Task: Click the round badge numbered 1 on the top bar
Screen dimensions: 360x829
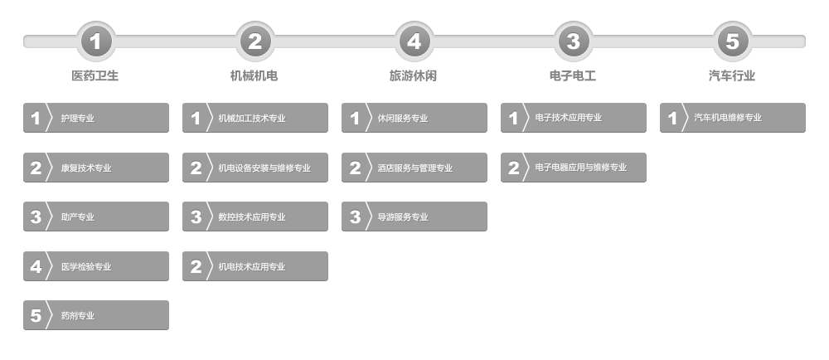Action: point(96,41)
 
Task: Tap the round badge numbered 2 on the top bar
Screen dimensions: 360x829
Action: point(255,41)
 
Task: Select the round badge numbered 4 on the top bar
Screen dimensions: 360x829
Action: point(414,41)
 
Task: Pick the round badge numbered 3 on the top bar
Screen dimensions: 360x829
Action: point(574,41)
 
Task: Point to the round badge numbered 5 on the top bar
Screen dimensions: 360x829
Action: point(733,41)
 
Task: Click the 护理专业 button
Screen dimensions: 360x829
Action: point(96,118)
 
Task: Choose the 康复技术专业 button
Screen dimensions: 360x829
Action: point(96,168)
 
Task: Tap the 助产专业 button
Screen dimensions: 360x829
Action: point(96,216)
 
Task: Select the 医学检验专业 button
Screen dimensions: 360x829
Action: point(96,266)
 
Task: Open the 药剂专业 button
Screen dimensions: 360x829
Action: point(96,315)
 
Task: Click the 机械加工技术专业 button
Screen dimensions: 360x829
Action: point(255,118)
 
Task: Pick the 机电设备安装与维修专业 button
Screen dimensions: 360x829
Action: point(255,168)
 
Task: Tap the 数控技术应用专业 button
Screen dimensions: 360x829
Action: point(255,216)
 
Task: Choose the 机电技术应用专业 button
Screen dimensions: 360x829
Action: point(255,266)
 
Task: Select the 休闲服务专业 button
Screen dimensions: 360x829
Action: point(414,118)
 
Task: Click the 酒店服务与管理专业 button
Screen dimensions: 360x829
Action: point(414,168)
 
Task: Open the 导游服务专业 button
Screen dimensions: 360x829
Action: point(414,216)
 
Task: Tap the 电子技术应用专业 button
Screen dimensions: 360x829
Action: point(574,118)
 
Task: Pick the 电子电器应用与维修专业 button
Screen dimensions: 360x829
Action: point(574,168)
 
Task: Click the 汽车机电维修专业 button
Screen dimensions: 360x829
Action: point(733,118)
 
